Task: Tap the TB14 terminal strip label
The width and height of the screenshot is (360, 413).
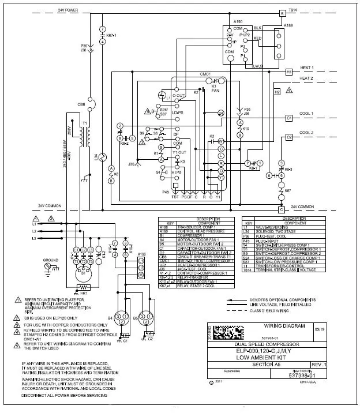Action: point(292,10)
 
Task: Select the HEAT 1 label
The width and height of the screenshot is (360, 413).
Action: point(307,67)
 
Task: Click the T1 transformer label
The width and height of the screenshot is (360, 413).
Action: point(85,123)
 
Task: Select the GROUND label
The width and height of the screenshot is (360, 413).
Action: point(51,260)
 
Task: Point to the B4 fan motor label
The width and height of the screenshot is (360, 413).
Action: point(110,317)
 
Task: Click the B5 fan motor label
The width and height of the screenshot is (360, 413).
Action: point(135,317)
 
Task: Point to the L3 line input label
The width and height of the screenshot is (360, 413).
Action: point(34,238)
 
